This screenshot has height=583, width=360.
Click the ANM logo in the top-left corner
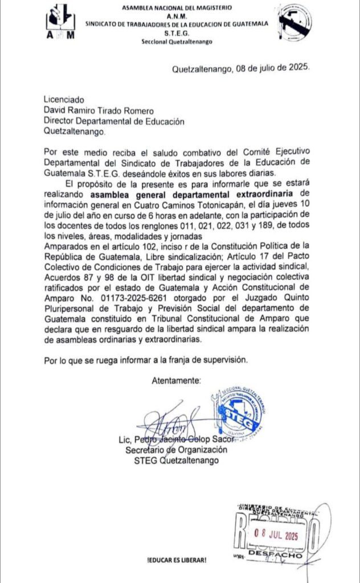point(62,22)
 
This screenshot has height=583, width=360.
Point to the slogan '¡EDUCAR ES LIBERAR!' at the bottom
point(177,560)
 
